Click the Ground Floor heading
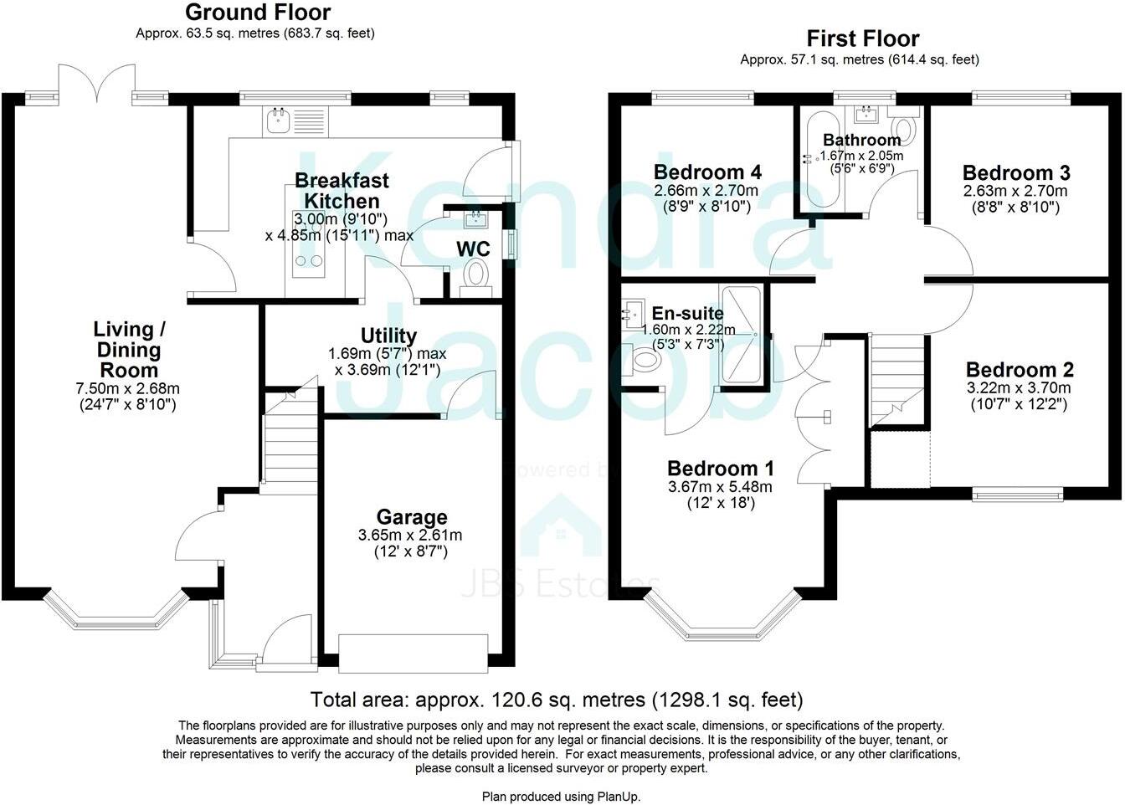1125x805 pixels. (257, 13)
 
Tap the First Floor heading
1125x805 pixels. (862, 38)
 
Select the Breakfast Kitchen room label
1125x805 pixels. (342, 191)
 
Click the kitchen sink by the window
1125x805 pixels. (277, 122)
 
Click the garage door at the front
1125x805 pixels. (413, 654)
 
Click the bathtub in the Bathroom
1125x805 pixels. (811, 158)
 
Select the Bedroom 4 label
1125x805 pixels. (707, 172)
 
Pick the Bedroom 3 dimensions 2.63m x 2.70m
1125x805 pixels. (1015, 191)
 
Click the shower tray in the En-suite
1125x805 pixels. (742, 335)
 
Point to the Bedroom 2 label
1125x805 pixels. (1019, 370)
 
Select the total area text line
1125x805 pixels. (556, 700)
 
